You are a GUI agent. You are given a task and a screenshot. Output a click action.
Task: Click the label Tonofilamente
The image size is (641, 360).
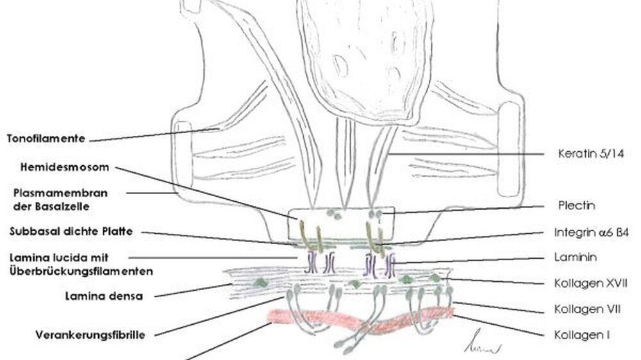click(46, 138)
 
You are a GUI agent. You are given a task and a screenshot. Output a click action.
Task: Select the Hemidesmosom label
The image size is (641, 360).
click(65, 167)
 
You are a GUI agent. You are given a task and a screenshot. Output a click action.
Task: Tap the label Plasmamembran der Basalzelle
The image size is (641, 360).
click(60, 199)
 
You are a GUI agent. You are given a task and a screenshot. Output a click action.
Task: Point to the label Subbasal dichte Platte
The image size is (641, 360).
click(71, 231)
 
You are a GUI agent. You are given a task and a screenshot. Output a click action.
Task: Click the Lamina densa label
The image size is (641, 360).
click(104, 296)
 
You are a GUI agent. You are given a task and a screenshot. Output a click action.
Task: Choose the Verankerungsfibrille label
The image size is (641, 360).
click(90, 335)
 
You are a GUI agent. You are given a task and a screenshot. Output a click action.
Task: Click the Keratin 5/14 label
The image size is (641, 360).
click(591, 154)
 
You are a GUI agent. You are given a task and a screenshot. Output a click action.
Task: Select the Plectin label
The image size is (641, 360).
click(576, 205)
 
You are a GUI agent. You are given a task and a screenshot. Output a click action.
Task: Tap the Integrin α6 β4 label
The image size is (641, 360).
click(592, 233)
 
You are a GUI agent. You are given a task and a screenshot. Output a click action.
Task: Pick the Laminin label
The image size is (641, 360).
click(575, 257)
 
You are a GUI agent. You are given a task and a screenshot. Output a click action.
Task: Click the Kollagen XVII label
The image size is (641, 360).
click(591, 283)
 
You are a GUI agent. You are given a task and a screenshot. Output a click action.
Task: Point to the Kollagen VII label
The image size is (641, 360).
click(587, 309)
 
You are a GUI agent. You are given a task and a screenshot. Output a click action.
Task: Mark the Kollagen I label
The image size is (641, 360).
click(582, 335)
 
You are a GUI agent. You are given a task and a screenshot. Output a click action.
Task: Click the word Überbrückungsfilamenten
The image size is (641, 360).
click(81, 272)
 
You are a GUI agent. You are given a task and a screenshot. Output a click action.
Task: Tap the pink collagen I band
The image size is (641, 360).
click(360, 319)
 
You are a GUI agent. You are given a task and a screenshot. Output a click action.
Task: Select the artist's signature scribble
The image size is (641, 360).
click(483, 343)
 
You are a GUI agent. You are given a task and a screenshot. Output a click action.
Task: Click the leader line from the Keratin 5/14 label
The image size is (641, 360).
click(465, 154)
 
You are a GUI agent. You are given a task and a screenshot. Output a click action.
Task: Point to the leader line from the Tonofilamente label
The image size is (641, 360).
click(154, 135)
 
